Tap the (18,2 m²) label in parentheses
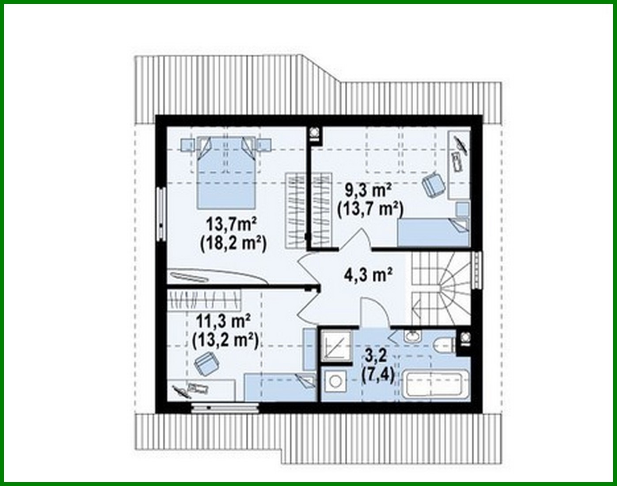233,243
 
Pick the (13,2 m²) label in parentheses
225,339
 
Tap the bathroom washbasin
413,336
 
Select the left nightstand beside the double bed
187,144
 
